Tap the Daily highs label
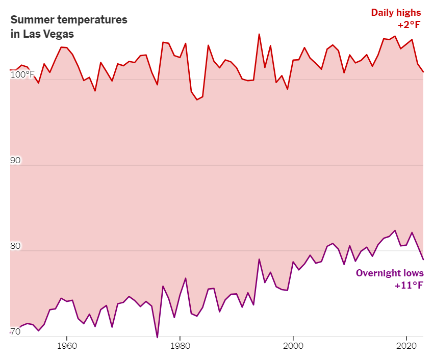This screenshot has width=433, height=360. click(397, 12)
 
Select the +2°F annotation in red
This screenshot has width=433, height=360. click(411, 25)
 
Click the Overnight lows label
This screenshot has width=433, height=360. click(390, 273)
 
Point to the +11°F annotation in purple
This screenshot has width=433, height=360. click(409, 286)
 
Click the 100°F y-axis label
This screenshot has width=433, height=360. click(22, 75)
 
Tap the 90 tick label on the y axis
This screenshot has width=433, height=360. click(15, 161)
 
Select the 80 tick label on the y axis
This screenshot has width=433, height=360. click(15, 246)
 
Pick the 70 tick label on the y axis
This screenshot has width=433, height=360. click(15, 332)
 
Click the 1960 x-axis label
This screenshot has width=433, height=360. click(67, 345)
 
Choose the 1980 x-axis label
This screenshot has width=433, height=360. click(180, 345)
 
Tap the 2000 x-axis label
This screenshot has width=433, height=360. click(293, 345)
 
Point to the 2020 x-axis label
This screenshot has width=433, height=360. click(406, 345)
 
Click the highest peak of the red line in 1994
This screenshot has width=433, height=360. click(259, 34)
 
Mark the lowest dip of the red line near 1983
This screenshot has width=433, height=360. click(197, 99)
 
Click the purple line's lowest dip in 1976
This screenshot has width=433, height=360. click(157, 337)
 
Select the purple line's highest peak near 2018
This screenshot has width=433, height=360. click(395, 230)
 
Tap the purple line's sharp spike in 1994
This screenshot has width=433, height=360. click(259, 259)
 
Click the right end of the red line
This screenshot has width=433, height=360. click(423, 72)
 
